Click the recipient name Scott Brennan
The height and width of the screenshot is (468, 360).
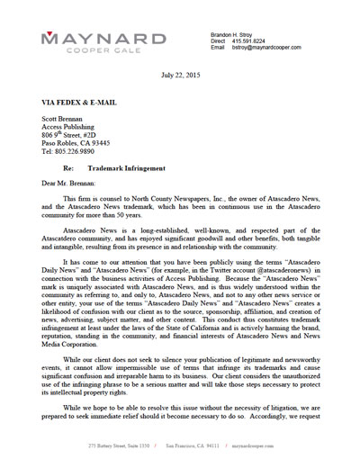coord(67,120)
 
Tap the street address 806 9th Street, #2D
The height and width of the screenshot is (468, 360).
coord(77,136)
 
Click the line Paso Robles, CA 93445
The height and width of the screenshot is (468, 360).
coord(79,144)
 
